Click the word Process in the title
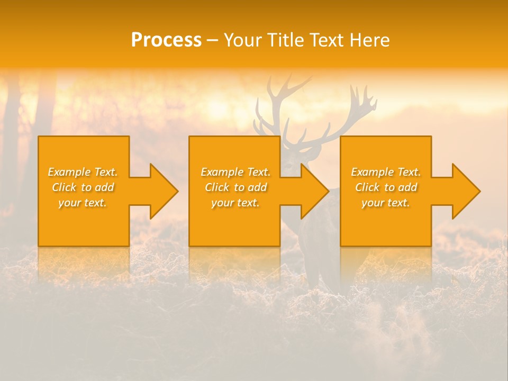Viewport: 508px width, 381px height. click(x=166, y=40)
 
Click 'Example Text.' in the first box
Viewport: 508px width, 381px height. click(x=83, y=172)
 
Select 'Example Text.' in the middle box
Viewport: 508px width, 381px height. click(x=235, y=172)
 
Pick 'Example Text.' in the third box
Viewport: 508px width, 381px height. click(x=386, y=172)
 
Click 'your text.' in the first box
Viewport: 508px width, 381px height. click(x=83, y=203)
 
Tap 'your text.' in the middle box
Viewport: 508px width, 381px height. click(x=235, y=203)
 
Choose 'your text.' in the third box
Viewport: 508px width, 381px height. click(x=386, y=203)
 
